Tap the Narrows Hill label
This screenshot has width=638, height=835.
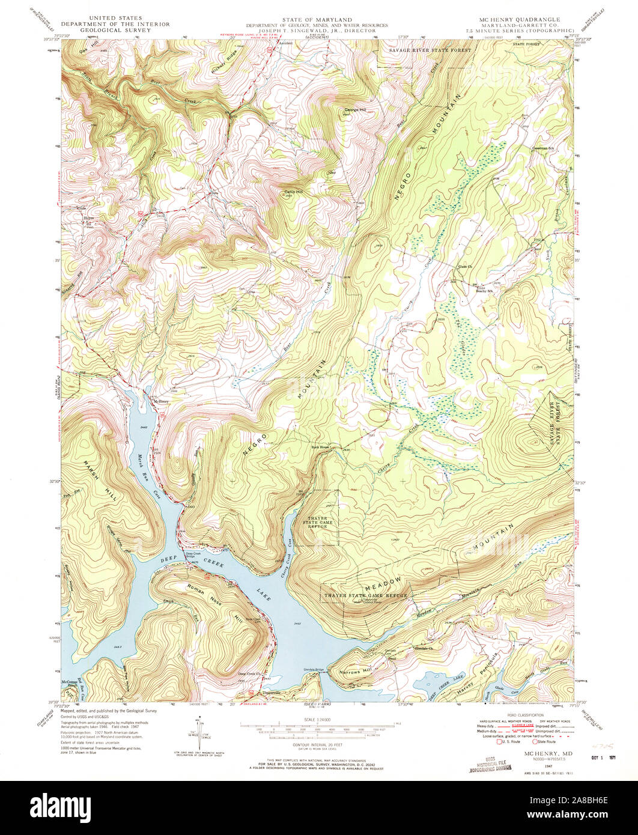[354, 672]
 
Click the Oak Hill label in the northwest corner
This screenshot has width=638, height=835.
[88, 52]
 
